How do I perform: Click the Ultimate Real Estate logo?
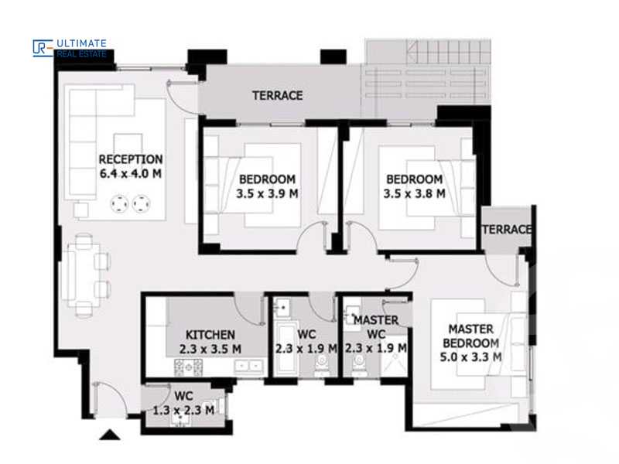point(70,48)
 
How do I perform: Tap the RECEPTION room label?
point(130,159)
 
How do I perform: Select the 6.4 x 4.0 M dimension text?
point(130,174)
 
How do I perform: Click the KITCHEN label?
point(210,334)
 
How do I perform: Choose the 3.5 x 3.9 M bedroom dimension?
point(267,194)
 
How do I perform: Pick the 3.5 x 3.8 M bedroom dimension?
point(414,194)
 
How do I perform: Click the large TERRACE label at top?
point(277,96)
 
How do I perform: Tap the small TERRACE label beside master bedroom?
point(507,230)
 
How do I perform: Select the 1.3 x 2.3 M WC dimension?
point(183,410)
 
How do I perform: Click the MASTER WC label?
point(375,326)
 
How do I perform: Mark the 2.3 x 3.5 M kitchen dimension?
point(210,349)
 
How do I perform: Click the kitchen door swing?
point(249,309)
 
